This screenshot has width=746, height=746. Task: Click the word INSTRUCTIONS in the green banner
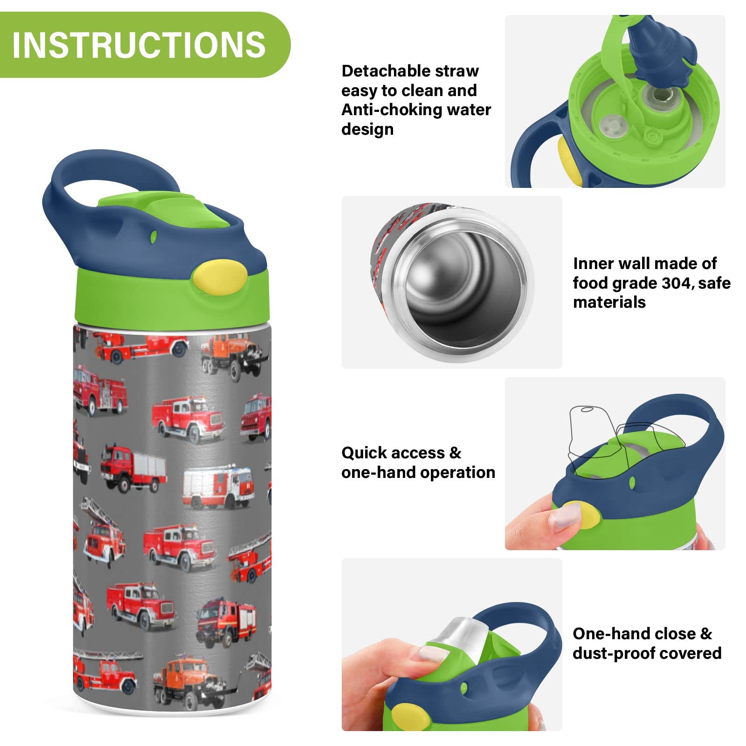point(139,45)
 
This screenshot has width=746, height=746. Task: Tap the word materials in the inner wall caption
point(609,303)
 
